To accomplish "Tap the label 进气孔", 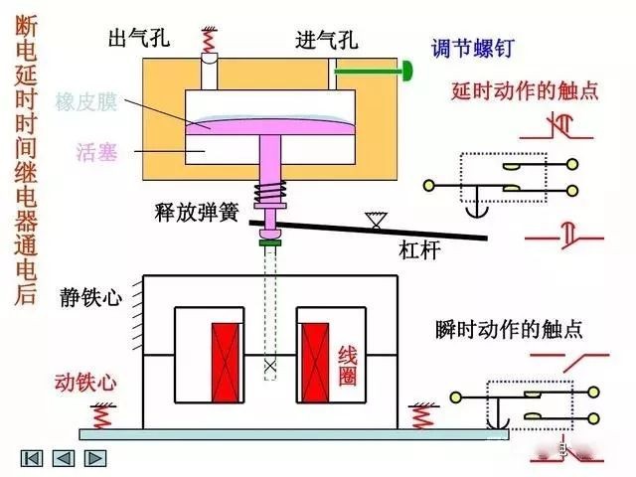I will (327, 41).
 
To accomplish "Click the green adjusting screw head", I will (407, 70).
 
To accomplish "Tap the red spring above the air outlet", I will (210, 41).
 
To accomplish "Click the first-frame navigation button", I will (32, 458).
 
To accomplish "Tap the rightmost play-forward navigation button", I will (95, 458).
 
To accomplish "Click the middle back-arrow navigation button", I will (64, 458).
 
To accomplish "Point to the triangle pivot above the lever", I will (375, 219).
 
